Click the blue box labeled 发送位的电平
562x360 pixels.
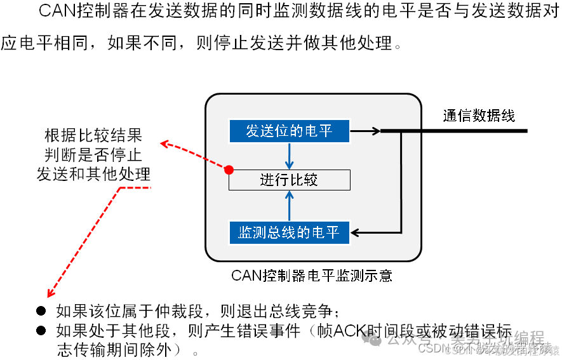[x=289, y=131]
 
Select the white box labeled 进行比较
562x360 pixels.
[x=289, y=180]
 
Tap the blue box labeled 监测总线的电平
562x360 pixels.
[x=289, y=232]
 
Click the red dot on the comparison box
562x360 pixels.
[x=229, y=170]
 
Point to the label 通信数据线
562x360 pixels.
[x=479, y=115]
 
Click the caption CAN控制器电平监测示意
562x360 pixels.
[x=311, y=276]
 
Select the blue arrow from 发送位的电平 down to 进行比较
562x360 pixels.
[x=289, y=156]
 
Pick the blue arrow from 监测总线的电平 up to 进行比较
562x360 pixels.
[x=289, y=204]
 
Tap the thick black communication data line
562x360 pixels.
[x=464, y=131]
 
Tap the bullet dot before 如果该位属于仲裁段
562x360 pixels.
[x=41, y=311]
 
